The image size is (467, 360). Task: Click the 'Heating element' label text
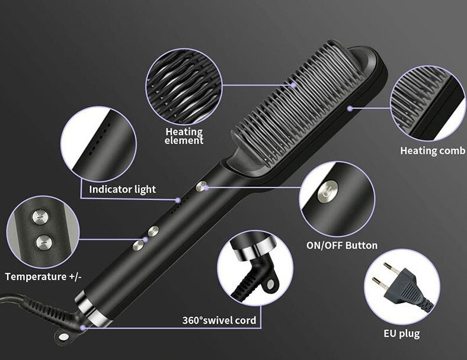184,136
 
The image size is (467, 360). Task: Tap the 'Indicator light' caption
123,189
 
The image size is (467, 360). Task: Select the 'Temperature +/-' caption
43,277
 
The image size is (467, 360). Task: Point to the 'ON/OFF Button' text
342,246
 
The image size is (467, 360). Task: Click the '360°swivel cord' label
219,320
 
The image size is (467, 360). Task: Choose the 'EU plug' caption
401,333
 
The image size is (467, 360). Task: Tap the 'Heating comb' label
433,150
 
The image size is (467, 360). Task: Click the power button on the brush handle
201,187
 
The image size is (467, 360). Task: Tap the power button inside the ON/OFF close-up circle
328,191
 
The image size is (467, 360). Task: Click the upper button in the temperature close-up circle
40,217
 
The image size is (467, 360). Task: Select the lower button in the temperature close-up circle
44,243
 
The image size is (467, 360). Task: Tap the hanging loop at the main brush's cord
64,336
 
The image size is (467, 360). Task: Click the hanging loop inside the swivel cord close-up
270,284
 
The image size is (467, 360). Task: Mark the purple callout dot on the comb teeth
294,85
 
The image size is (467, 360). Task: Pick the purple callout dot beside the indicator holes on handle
178,200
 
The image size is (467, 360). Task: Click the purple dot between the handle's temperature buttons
146,239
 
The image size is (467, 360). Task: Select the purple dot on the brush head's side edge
350,108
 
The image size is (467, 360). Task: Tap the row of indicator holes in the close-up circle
100,137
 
